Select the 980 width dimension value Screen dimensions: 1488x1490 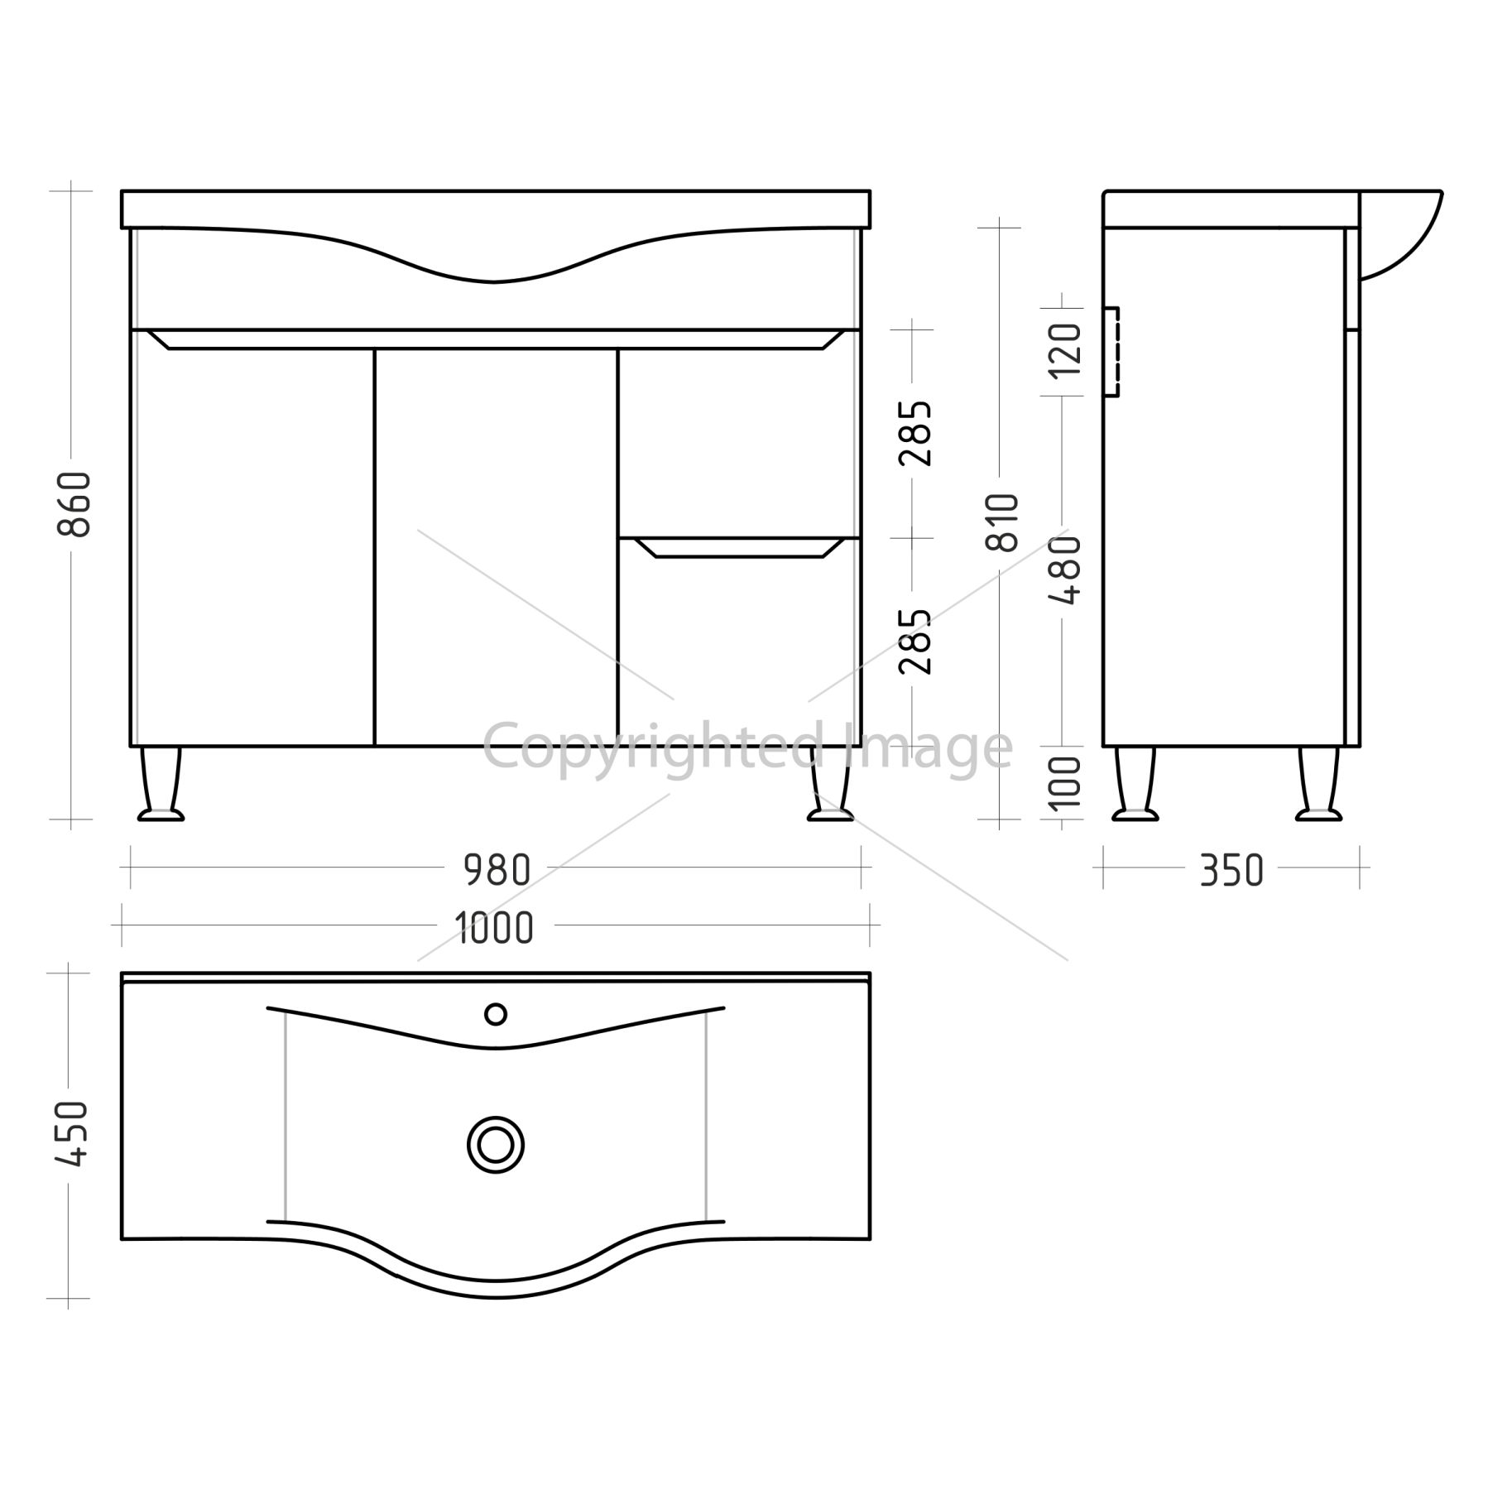497,870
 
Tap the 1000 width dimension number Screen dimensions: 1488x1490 494,928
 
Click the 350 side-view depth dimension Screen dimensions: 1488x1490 1231,870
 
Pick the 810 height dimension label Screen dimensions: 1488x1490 1002,522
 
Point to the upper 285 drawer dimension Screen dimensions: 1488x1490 916,433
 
